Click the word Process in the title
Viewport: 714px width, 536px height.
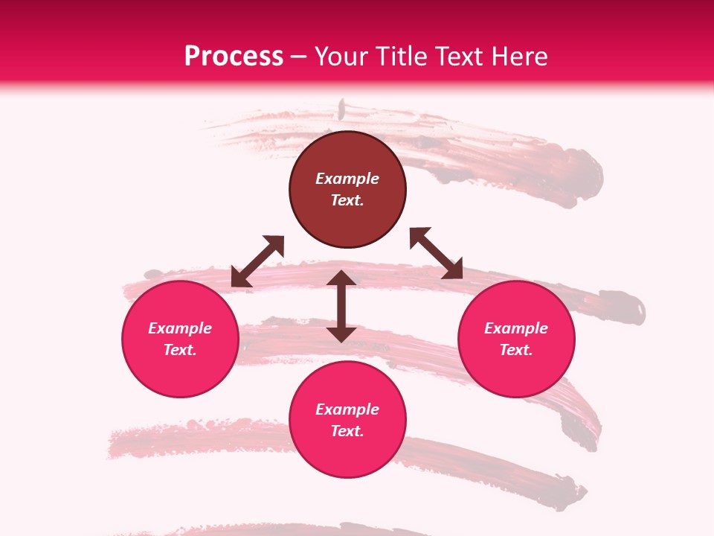[234, 57]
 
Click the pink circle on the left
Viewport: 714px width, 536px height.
[180, 339]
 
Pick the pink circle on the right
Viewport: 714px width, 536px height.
[516, 339]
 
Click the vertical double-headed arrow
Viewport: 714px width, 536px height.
[341, 306]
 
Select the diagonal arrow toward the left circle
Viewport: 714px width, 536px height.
[257, 261]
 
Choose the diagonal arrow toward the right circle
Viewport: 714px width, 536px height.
[436, 253]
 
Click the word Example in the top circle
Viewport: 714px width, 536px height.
[347, 179]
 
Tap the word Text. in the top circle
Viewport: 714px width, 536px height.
[347, 200]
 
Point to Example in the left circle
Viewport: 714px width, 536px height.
[180, 328]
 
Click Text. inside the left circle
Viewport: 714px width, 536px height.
[180, 350]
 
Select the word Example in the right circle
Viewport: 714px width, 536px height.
[516, 328]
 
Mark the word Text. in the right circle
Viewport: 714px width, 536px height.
[516, 350]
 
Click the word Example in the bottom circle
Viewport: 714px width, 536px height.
[347, 409]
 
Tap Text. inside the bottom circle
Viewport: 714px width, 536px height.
[347, 431]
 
